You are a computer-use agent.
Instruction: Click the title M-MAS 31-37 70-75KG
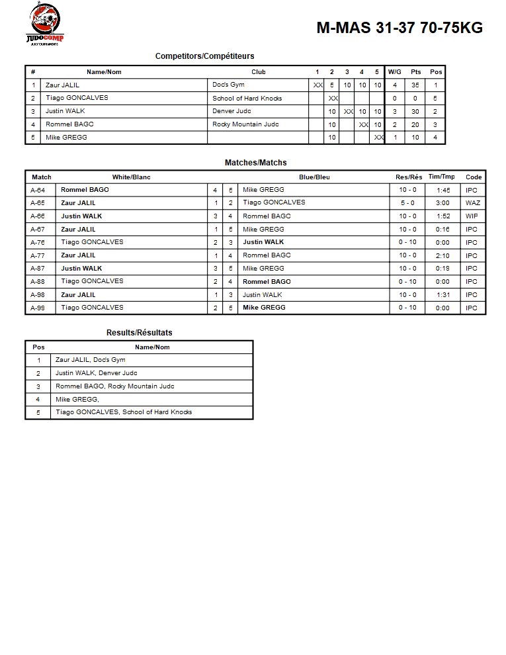[x=400, y=28]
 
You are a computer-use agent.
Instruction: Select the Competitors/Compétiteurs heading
[x=204, y=56]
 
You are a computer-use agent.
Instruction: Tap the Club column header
[x=259, y=72]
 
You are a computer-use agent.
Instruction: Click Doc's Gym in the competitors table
[x=228, y=85]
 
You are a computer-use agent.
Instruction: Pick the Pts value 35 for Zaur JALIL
[x=415, y=85]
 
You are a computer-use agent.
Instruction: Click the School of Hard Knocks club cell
[x=247, y=98]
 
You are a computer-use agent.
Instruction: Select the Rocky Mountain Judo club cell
[x=245, y=124]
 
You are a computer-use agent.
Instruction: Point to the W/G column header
[x=394, y=72]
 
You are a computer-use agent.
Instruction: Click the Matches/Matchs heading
[x=255, y=163]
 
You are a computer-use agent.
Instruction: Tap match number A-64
[x=38, y=190]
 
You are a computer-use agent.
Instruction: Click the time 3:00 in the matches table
[x=443, y=203]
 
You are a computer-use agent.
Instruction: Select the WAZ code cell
[x=473, y=203]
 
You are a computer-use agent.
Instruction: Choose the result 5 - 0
[x=407, y=203]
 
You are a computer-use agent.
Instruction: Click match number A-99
[x=38, y=308]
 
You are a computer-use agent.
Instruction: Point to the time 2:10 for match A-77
[x=443, y=255]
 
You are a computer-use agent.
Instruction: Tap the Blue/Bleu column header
[x=314, y=177]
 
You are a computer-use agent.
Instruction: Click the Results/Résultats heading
[x=139, y=333]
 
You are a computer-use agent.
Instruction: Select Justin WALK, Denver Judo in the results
[x=97, y=373]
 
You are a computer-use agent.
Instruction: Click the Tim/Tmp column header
[x=442, y=177]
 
